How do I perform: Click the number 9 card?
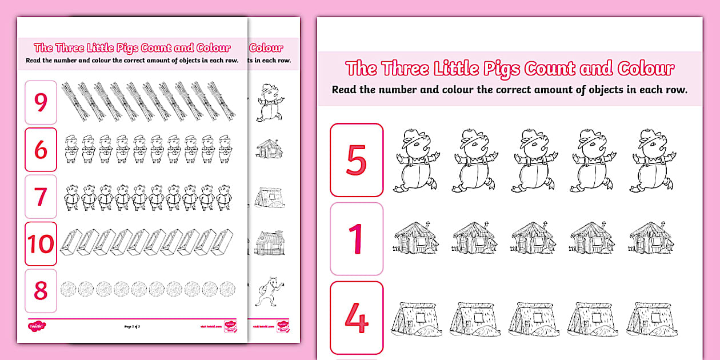click(41, 102)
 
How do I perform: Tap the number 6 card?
click(41, 150)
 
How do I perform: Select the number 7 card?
click(41, 197)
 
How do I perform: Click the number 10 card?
click(41, 244)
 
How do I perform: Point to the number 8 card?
click(41, 291)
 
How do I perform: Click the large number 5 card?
click(356, 160)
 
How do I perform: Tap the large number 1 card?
click(356, 238)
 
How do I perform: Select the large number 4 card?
click(356, 318)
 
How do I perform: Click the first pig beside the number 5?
click(415, 160)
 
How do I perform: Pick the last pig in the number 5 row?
click(652, 160)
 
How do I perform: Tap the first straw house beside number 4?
click(415, 318)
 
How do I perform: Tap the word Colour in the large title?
click(646, 69)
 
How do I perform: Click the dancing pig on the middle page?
click(266, 103)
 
